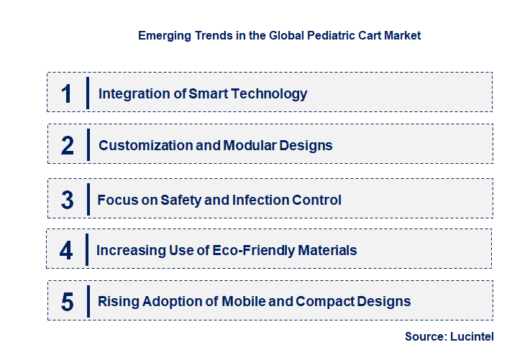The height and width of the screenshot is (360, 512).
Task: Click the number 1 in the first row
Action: tap(67, 93)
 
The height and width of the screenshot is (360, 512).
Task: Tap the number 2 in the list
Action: tap(68, 146)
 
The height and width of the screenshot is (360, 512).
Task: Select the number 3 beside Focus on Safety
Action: tap(68, 200)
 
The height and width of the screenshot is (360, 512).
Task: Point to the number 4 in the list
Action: tap(67, 251)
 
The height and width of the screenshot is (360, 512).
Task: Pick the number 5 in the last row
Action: tap(68, 302)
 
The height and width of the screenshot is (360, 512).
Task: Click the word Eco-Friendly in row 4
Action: tap(260, 251)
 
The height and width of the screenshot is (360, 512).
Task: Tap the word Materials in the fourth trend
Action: tap(328, 251)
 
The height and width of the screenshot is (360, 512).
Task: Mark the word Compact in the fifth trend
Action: tap(321, 302)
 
